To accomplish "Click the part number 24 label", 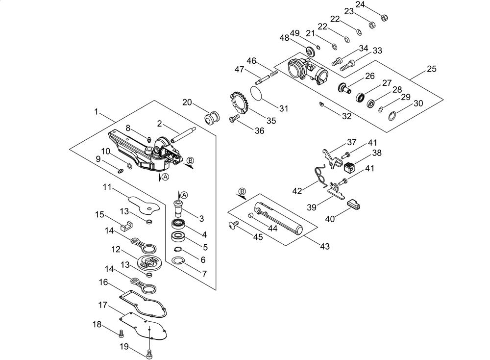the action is pyautogui.click(x=360, y=5).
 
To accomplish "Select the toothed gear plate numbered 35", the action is pyautogui.click(x=240, y=103).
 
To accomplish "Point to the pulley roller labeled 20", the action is pyautogui.click(x=212, y=118).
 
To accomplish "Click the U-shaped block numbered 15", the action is pyautogui.click(x=126, y=226).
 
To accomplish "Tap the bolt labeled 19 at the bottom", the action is pyautogui.click(x=149, y=354).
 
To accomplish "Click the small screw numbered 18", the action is pyautogui.click(x=121, y=334).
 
